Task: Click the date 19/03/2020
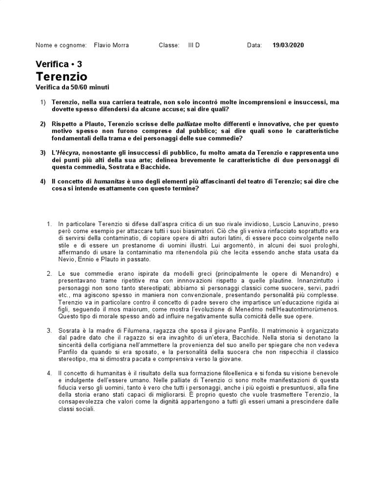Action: tap(288, 45)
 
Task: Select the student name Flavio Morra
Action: tap(111, 45)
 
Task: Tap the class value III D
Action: tap(194, 45)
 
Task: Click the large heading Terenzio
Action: tap(62, 77)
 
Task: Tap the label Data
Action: tap(254, 45)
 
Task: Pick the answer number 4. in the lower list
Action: tap(49, 373)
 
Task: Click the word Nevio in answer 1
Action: tap(60, 260)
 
